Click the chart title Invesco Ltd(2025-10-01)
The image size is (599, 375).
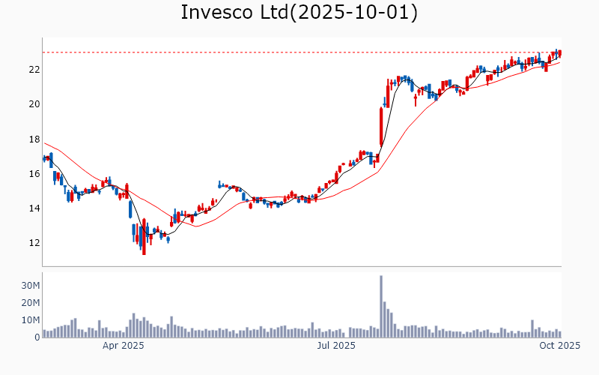(x=299, y=13)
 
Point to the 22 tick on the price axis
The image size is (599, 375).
(x=34, y=70)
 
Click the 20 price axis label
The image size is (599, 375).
(x=34, y=104)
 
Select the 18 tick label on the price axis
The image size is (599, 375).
(x=34, y=139)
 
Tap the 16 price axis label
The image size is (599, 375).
(x=34, y=173)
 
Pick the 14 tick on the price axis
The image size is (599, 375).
(x=34, y=208)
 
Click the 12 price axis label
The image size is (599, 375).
(x=34, y=243)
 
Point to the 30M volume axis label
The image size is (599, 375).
(x=30, y=286)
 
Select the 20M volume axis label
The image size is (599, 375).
(x=30, y=303)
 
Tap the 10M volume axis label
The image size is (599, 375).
(x=30, y=320)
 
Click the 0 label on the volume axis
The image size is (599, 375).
(x=36, y=337)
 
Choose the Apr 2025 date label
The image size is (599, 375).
(x=124, y=346)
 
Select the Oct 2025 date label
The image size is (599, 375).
(x=560, y=346)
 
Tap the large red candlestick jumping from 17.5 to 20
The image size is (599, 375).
(x=381, y=126)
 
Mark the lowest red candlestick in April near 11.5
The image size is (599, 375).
(x=144, y=238)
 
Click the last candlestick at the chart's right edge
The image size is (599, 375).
(x=560, y=53)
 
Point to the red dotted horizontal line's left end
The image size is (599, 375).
(x=44, y=52)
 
